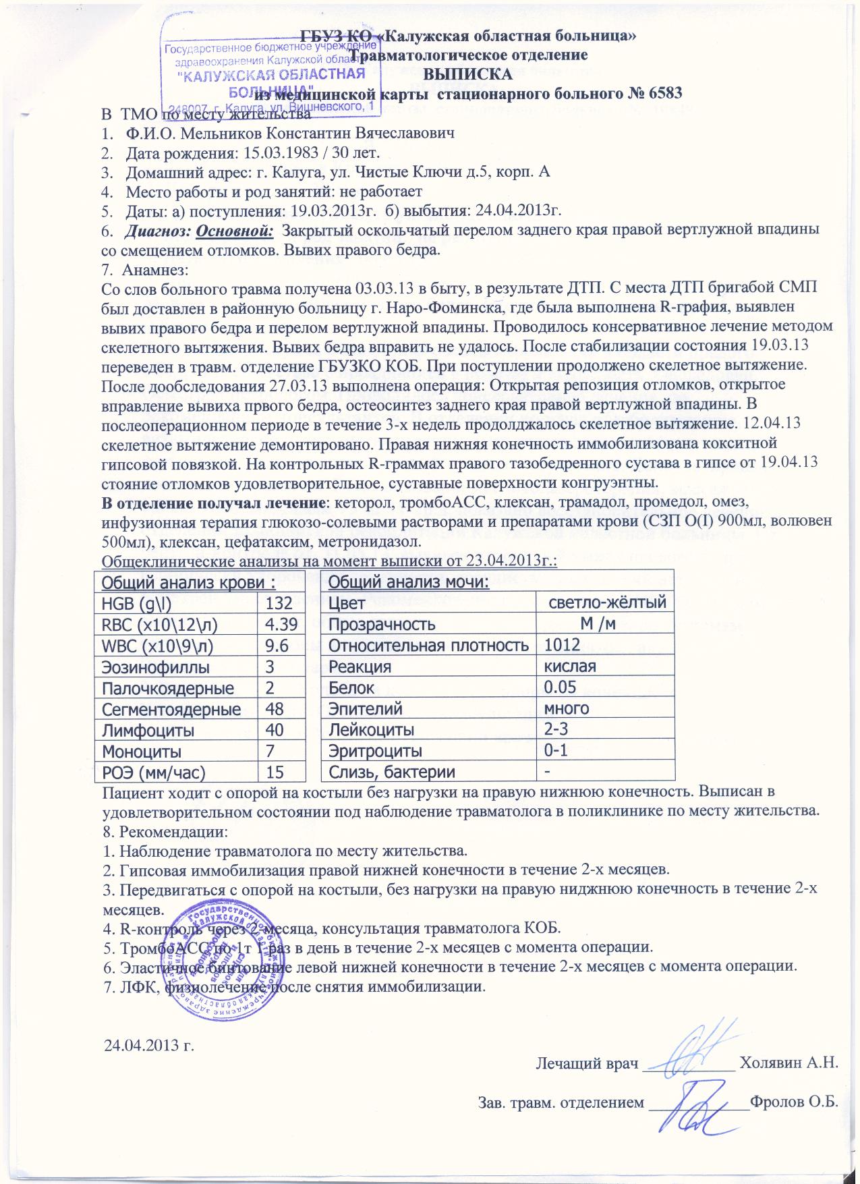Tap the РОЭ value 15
(x=275, y=772)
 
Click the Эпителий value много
(x=567, y=708)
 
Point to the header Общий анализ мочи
(x=409, y=582)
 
